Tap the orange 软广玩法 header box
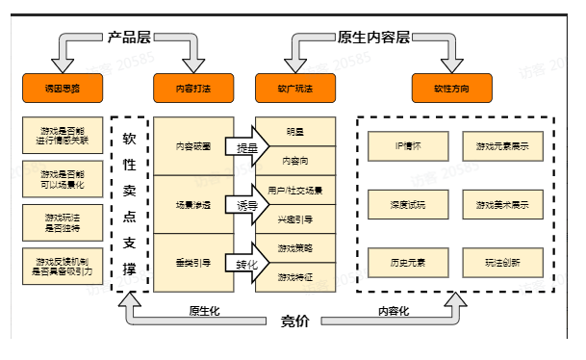click(x=294, y=89)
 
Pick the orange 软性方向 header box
click(x=451, y=89)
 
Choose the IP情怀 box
click(x=408, y=146)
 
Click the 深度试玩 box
click(x=408, y=204)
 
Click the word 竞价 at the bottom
click(x=294, y=321)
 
